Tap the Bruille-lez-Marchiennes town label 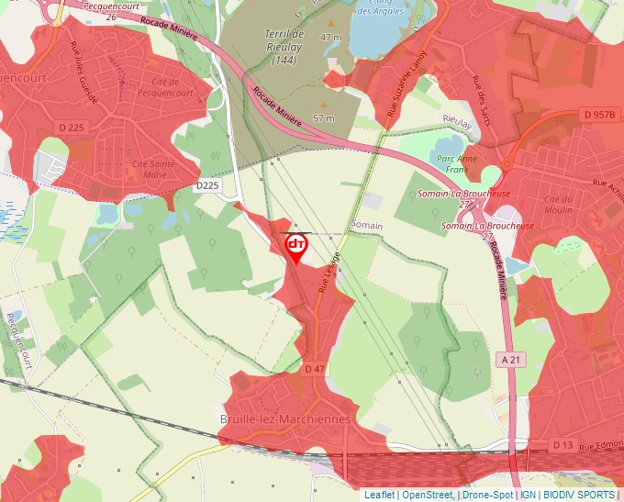[285, 419]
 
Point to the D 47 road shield [315, 368]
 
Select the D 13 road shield [563, 445]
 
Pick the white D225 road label [208, 185]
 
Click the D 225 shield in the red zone [71, 128]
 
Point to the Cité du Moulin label [558, 206]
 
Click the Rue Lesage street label [329, 272]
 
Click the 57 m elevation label [324, 118]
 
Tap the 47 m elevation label [329, 37]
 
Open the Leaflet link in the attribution [380, 495]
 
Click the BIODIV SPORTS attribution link [579, 495]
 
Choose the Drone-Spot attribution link [487, 495]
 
